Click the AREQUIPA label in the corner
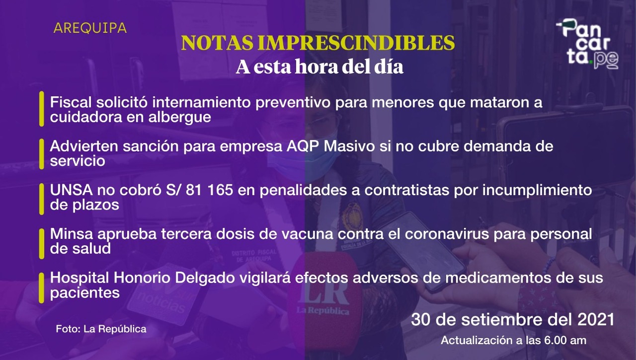pos(90,28)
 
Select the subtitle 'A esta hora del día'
pos(319,67)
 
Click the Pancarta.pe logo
pos(588,44)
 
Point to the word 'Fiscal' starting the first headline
pos(71,102)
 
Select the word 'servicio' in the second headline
pos(78,161)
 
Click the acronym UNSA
pos(71,190)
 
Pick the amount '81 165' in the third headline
pos(209,190)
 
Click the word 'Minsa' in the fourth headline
pos(71,234)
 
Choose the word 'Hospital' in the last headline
pos(79,278)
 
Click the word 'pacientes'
pos(84,293)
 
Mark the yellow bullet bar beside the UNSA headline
pos(41,199)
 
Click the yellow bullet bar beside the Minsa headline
pos(41,243)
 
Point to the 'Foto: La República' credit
pos(101,329)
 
